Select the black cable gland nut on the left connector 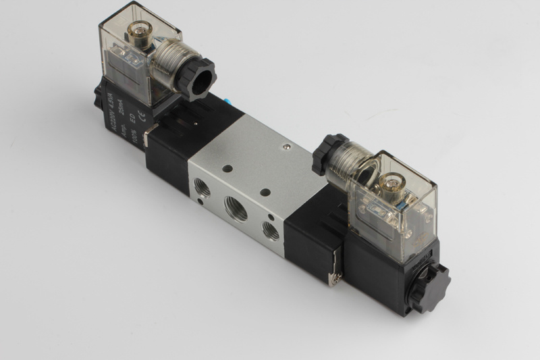[200, 79]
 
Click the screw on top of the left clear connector [143, 33]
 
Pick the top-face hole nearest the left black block [227, 168]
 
